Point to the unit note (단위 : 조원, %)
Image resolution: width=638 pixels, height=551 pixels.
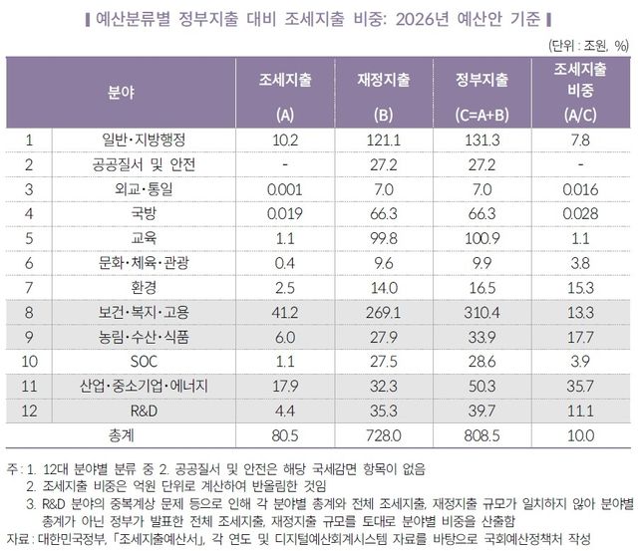[x=587, y=45]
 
